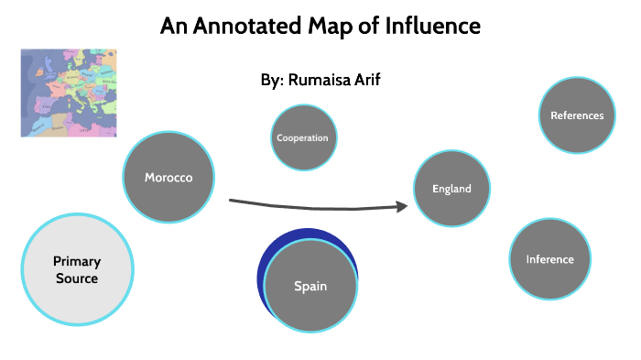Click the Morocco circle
pos(169,177)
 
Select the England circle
pos(451,189)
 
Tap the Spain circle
pos(310,286)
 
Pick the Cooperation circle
pos(302,138)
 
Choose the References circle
pos(577,115)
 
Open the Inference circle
pos(549,259)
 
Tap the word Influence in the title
pos(434,26)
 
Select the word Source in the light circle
pos(76,278)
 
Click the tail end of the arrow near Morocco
pos(232,200)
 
